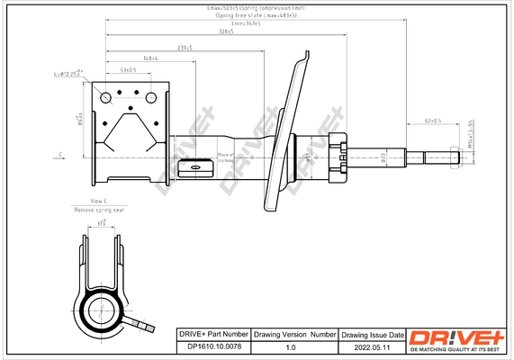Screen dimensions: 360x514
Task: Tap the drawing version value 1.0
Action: coord(290,346)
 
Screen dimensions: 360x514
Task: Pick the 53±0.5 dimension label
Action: coord(128,69)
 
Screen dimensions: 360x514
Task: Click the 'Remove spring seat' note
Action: coord(99,209)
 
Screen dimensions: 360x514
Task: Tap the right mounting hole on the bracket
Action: coord(149,96)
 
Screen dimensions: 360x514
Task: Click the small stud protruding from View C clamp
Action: coord(141,319)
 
